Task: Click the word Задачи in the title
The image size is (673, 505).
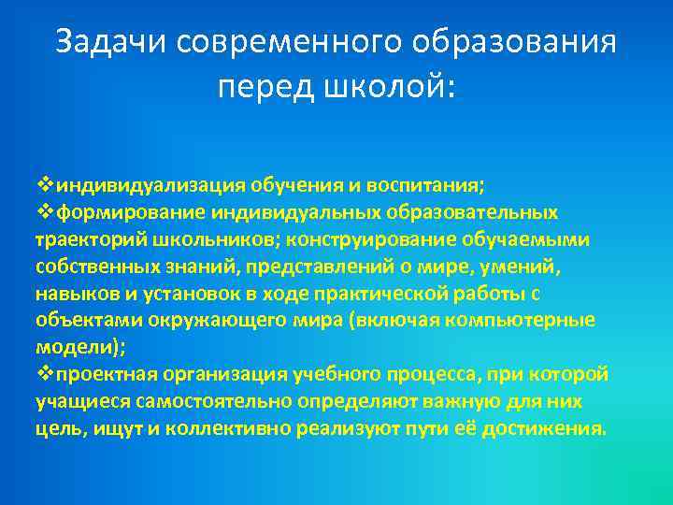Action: [109, 42]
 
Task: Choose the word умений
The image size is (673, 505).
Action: [527, 267]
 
